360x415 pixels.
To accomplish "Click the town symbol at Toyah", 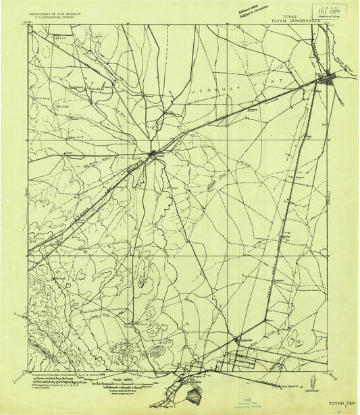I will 153,153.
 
